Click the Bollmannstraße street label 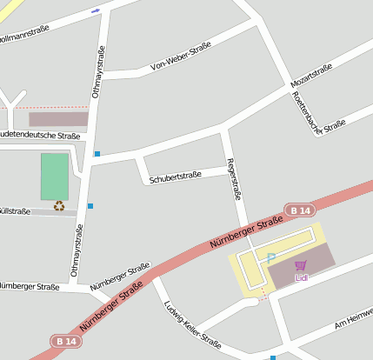point(24,34)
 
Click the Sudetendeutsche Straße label point(39,136)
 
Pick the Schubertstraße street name point(175,176)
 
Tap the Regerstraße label point(232,179)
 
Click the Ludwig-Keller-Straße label point(192,324)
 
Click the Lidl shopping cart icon point(301,266)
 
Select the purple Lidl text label point(302,278)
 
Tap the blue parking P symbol point(271,257)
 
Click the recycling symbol point(59,206)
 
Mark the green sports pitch point(54,177)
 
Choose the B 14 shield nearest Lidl point(300,210)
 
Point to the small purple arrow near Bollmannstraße point(95,10)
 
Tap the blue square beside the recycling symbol point(90,206)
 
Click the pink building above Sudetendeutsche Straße point(58,119)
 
